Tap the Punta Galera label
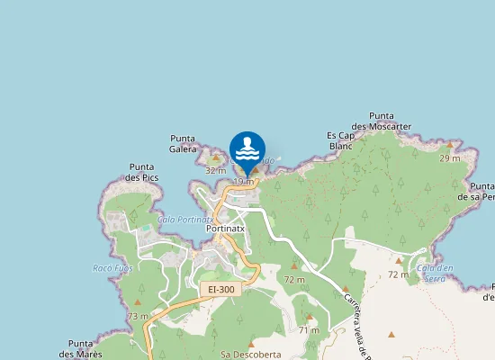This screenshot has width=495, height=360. point(183,143)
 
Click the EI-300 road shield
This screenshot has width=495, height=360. point(220,289)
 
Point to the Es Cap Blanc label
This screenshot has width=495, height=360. point(340,140)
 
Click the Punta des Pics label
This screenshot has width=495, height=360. point(144,172)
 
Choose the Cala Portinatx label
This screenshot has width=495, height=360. point(184,219)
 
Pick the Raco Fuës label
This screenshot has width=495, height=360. point(112,268)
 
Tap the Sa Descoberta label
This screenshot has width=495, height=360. point(250,355)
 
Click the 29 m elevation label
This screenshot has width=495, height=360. point(449,158)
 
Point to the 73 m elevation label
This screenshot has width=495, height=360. point(138,316)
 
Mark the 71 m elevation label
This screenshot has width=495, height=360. point(310,330)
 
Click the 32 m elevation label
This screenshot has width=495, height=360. point(216,170)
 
